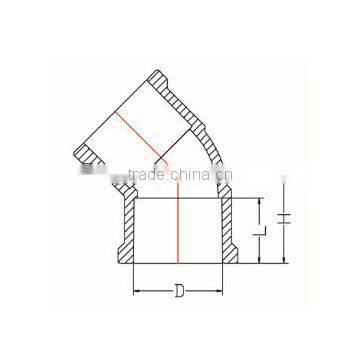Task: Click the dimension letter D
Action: click(x=179, y=294)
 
